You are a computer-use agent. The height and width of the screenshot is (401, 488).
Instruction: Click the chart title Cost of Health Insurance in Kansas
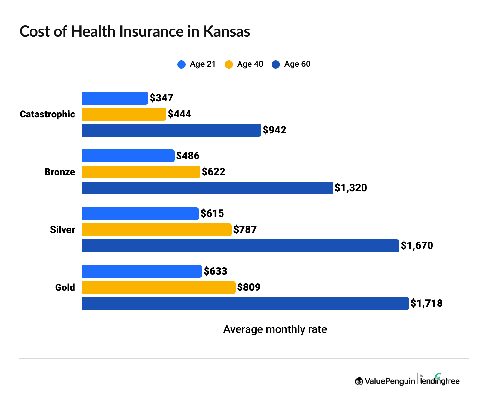click(x=135, y=31)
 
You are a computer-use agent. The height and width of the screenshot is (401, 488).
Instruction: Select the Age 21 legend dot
click(x=181, y=64)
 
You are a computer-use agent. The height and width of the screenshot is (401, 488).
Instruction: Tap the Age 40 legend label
click(x=250, y=64)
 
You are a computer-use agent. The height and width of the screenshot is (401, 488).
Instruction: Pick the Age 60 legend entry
click(x=291, y=64)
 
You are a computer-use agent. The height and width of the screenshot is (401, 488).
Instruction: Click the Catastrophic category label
click(x=47, y=114)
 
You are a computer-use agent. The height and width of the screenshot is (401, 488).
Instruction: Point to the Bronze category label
click(x=60, y=172)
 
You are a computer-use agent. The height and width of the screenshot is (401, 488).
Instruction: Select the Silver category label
click(x=62, y=230)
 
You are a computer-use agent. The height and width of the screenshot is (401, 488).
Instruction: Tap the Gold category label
click(x=65, y=287)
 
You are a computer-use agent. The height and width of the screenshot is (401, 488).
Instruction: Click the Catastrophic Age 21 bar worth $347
click(x=115, y=98)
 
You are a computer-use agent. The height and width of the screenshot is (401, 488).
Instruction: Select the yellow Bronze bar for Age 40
click(x=141, y=172)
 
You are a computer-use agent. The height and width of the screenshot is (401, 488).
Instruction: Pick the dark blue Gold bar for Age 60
click(x=245, y=303)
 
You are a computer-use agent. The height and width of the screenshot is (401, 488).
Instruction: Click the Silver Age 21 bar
click(x=140, y=214)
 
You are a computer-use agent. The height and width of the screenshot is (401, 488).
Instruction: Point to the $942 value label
click(x=274, y=130)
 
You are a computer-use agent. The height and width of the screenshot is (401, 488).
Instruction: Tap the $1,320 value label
click(x=351, y=188)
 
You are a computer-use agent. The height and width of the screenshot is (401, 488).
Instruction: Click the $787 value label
click(x=245, y=229)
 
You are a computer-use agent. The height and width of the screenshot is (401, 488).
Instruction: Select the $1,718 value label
click(x=426, y=303)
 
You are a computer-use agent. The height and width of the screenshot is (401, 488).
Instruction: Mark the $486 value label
click(x=188, y=156)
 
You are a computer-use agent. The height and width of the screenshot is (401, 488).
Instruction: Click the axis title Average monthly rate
click(x=275, y=329)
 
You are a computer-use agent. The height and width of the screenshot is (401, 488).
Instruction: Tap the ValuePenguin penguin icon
click(x=359, y=381)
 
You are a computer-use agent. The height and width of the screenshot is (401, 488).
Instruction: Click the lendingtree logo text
click(x=440, y=381)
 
